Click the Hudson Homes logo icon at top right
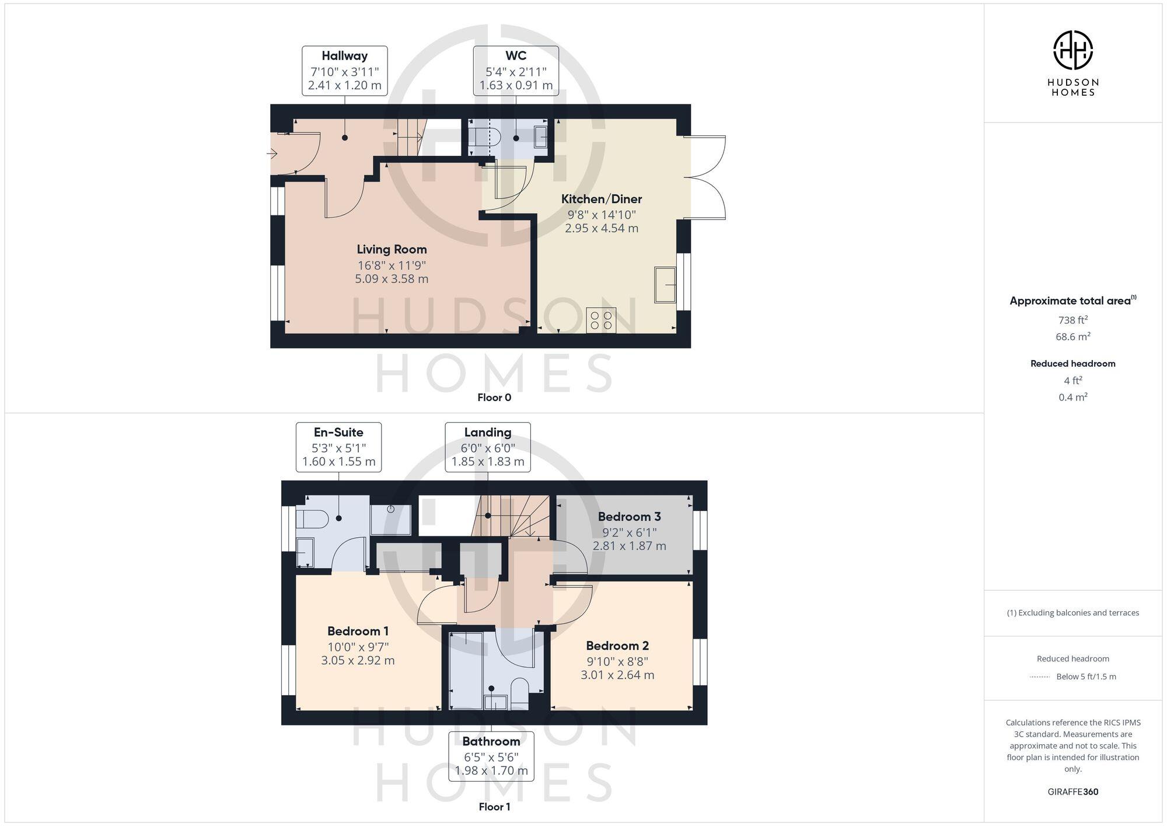coord(1072,50)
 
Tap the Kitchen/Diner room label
coord(601,199)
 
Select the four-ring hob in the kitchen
coord(601,320)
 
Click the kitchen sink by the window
coord(665,285)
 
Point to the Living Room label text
coord(392,250)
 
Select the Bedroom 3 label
coord(629,517)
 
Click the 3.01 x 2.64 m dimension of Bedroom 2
coord(617,675)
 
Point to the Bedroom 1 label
coord(358,631)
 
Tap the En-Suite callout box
coord(338,447)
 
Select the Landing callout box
coord(488,447)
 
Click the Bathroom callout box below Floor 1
coord(491,756)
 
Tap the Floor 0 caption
coord(494,398)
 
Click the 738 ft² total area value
coord(1072,320)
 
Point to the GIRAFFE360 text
coord(1072,792)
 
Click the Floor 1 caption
coord(494,807)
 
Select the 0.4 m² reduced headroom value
coord(1072,397)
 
